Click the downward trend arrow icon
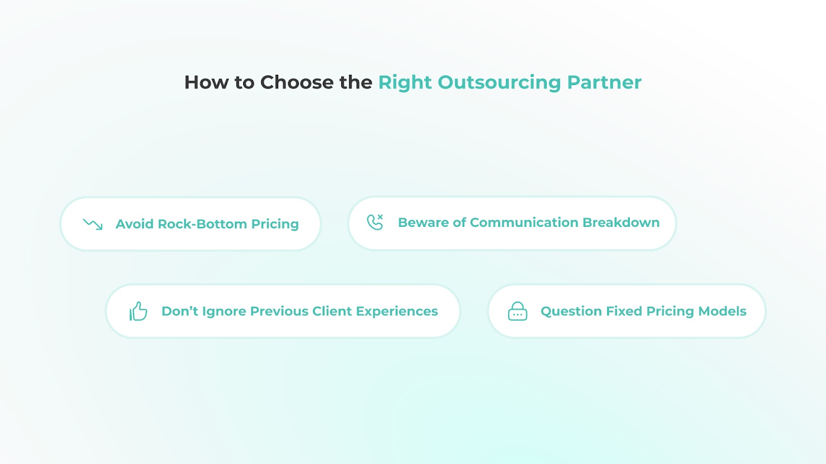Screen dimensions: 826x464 (93, 224)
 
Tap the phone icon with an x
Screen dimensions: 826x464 (375, 222)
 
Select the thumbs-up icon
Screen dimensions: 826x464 (138, 311)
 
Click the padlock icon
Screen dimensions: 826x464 (517, 311)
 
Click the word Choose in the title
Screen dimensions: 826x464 (297, 82)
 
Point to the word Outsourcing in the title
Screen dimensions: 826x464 (499, 82)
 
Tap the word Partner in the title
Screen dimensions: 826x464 (605, 82)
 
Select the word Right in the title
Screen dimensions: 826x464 (405, 82)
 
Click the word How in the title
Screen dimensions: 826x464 (206, 82)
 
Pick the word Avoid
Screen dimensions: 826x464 (134, 224)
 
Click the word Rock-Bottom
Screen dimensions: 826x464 (202, 224)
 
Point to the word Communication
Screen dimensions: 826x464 (524, 222)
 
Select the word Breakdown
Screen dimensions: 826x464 (621, 222)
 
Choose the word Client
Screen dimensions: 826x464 (332, 311)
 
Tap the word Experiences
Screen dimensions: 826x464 (397, 311)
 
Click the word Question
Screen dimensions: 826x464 (571, 311)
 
